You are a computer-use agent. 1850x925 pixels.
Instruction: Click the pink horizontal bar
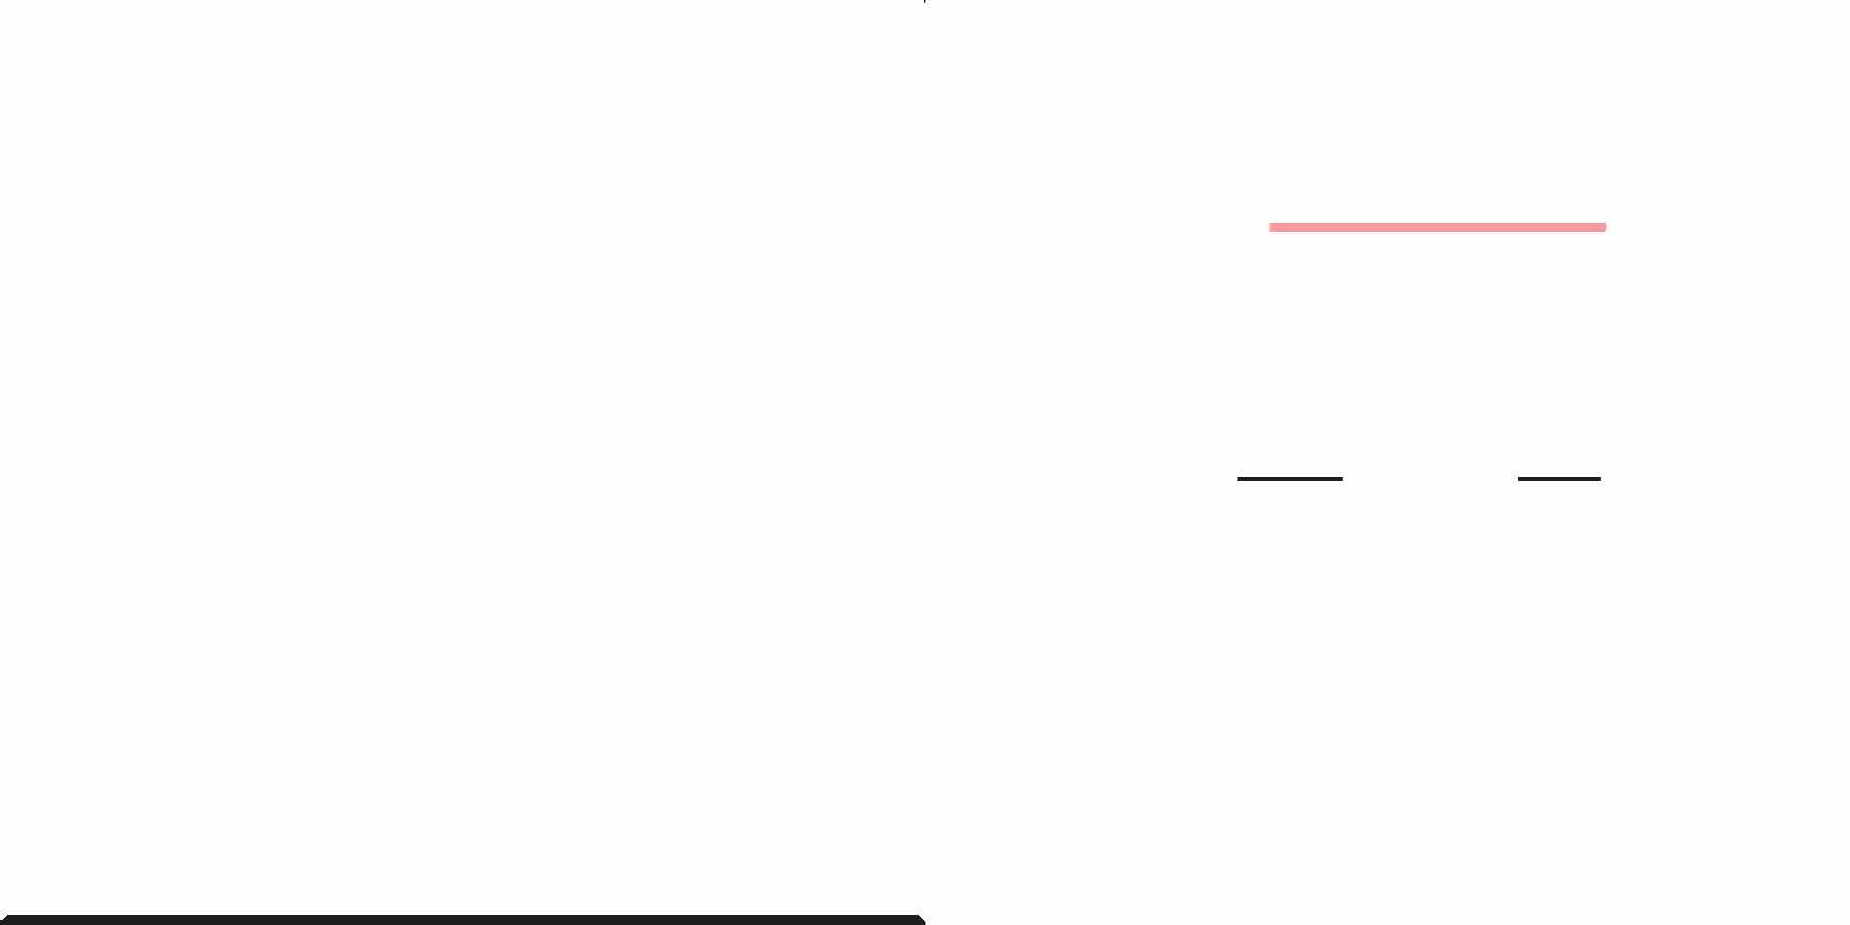(1437, 227)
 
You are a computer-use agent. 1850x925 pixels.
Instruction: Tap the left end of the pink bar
(1271, 227)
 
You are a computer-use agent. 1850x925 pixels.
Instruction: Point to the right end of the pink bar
(1604, 227)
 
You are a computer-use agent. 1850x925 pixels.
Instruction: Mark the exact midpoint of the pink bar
(1438, 227)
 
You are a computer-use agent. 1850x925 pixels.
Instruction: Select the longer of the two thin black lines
(1290, 479)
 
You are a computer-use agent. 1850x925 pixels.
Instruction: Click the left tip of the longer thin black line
(1239, 479)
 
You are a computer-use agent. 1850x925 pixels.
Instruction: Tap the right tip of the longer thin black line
(1341, 479)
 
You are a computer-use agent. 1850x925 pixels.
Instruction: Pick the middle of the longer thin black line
(1290, 479)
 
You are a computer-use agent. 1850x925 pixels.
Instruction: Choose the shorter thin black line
(1559, 479)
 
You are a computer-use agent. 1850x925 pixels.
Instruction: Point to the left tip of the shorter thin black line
(1519, 479)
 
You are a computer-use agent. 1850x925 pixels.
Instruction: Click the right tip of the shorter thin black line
(1600, 479)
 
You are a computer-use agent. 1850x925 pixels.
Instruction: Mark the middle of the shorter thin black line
(1559, 479)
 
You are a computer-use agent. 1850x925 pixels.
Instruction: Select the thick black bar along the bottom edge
(463, 920)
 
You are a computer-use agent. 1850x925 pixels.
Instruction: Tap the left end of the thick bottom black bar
(6, 920)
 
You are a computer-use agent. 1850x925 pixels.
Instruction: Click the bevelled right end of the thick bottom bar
(921, 920)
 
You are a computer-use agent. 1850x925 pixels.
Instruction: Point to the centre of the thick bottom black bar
(463, 920)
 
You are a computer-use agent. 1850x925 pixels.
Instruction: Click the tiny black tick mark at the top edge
(925, 2)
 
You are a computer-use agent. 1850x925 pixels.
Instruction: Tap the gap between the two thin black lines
(1430, 479)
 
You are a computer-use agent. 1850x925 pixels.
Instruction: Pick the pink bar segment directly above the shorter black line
(1559, 227)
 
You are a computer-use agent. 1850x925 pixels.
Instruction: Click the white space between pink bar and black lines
(1429, 352)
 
